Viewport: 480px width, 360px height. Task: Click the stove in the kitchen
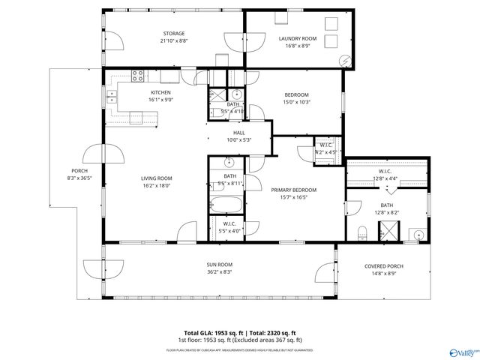click(x=138, y=75)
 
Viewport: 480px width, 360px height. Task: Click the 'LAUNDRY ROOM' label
click(x=298, y=38)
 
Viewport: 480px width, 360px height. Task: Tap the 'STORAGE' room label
click(x=174, y=34)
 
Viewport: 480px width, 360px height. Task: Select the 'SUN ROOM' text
click(x=219, y=265)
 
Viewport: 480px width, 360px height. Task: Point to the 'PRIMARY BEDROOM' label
click(x=294, y=190)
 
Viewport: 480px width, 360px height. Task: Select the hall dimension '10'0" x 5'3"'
click(x=238, y=139)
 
